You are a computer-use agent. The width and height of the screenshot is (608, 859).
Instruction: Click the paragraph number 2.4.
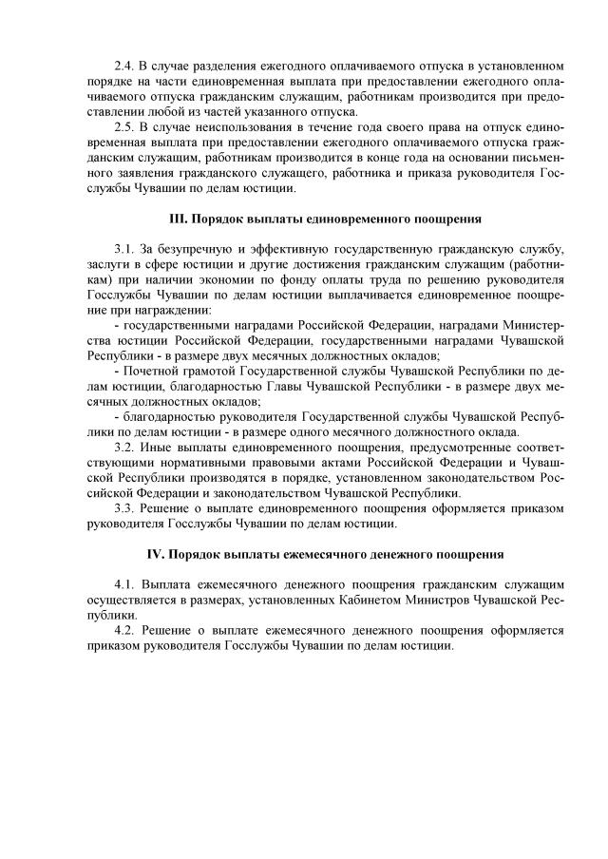pos(123,67)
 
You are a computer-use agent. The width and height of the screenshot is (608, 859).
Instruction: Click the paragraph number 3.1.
pos(123,251)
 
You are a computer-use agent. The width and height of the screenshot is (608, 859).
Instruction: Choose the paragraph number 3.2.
pos(123,448)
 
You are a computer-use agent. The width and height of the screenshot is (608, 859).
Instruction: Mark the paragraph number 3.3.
pos(123,507)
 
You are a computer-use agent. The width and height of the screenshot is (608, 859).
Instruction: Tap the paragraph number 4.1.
pos(123,585)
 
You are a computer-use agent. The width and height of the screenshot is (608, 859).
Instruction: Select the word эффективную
pos(285,251)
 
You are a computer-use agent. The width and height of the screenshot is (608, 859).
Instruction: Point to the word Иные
pos(159,448)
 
